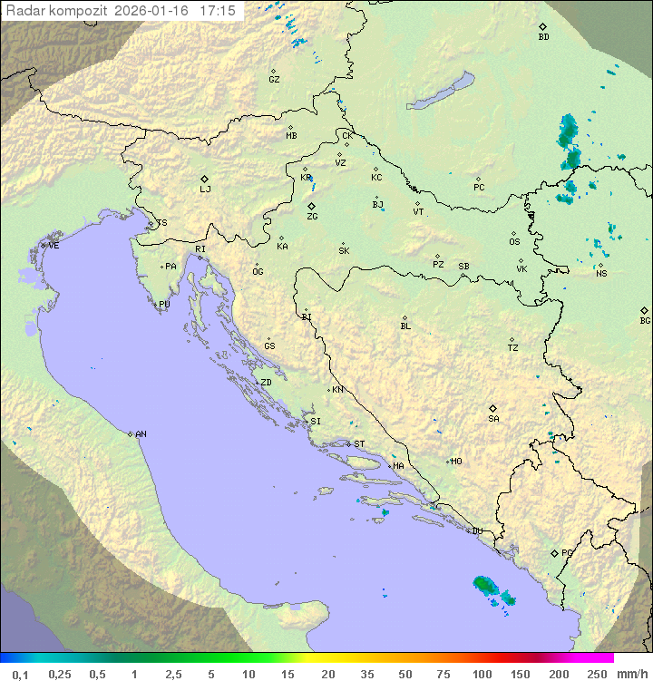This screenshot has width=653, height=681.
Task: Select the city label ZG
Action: (x=312, y=217)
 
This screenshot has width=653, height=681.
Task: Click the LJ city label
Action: (x=205, y=190)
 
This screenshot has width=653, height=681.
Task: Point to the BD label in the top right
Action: (x=543, y=37)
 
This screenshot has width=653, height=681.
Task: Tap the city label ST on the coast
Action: (x=359, y=444)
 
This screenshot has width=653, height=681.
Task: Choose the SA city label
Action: (x=493, y=419)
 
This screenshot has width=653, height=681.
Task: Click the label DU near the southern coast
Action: (x=476, y=531)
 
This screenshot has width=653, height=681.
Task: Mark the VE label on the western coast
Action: (x=54, y=246)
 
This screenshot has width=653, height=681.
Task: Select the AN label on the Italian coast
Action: (x=141, y=434)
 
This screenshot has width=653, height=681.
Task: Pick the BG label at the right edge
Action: (x=645, y=320)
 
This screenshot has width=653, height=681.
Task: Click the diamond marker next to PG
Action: (x=554, y=552)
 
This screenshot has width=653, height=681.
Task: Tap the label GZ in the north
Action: (x=274, y=80)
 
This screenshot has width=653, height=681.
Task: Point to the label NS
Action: (x=601, y=273)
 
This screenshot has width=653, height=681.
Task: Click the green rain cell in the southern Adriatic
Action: (x=485, y=585)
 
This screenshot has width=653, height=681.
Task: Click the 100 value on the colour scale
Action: (x=482, y=674)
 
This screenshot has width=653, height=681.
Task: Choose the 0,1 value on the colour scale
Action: (x=20, y=674)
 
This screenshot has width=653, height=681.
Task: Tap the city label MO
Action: (x=456, y=462)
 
